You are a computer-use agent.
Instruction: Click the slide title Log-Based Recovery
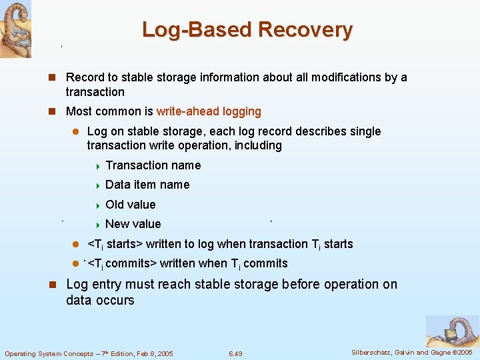247,29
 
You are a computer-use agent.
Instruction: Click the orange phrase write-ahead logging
209,111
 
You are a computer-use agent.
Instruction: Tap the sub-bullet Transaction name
153,165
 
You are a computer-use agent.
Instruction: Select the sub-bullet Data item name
147,185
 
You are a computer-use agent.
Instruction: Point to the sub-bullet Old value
130,205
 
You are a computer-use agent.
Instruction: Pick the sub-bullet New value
133,224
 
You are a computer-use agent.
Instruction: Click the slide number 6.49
235,353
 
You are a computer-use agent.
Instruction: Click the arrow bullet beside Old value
97,205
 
